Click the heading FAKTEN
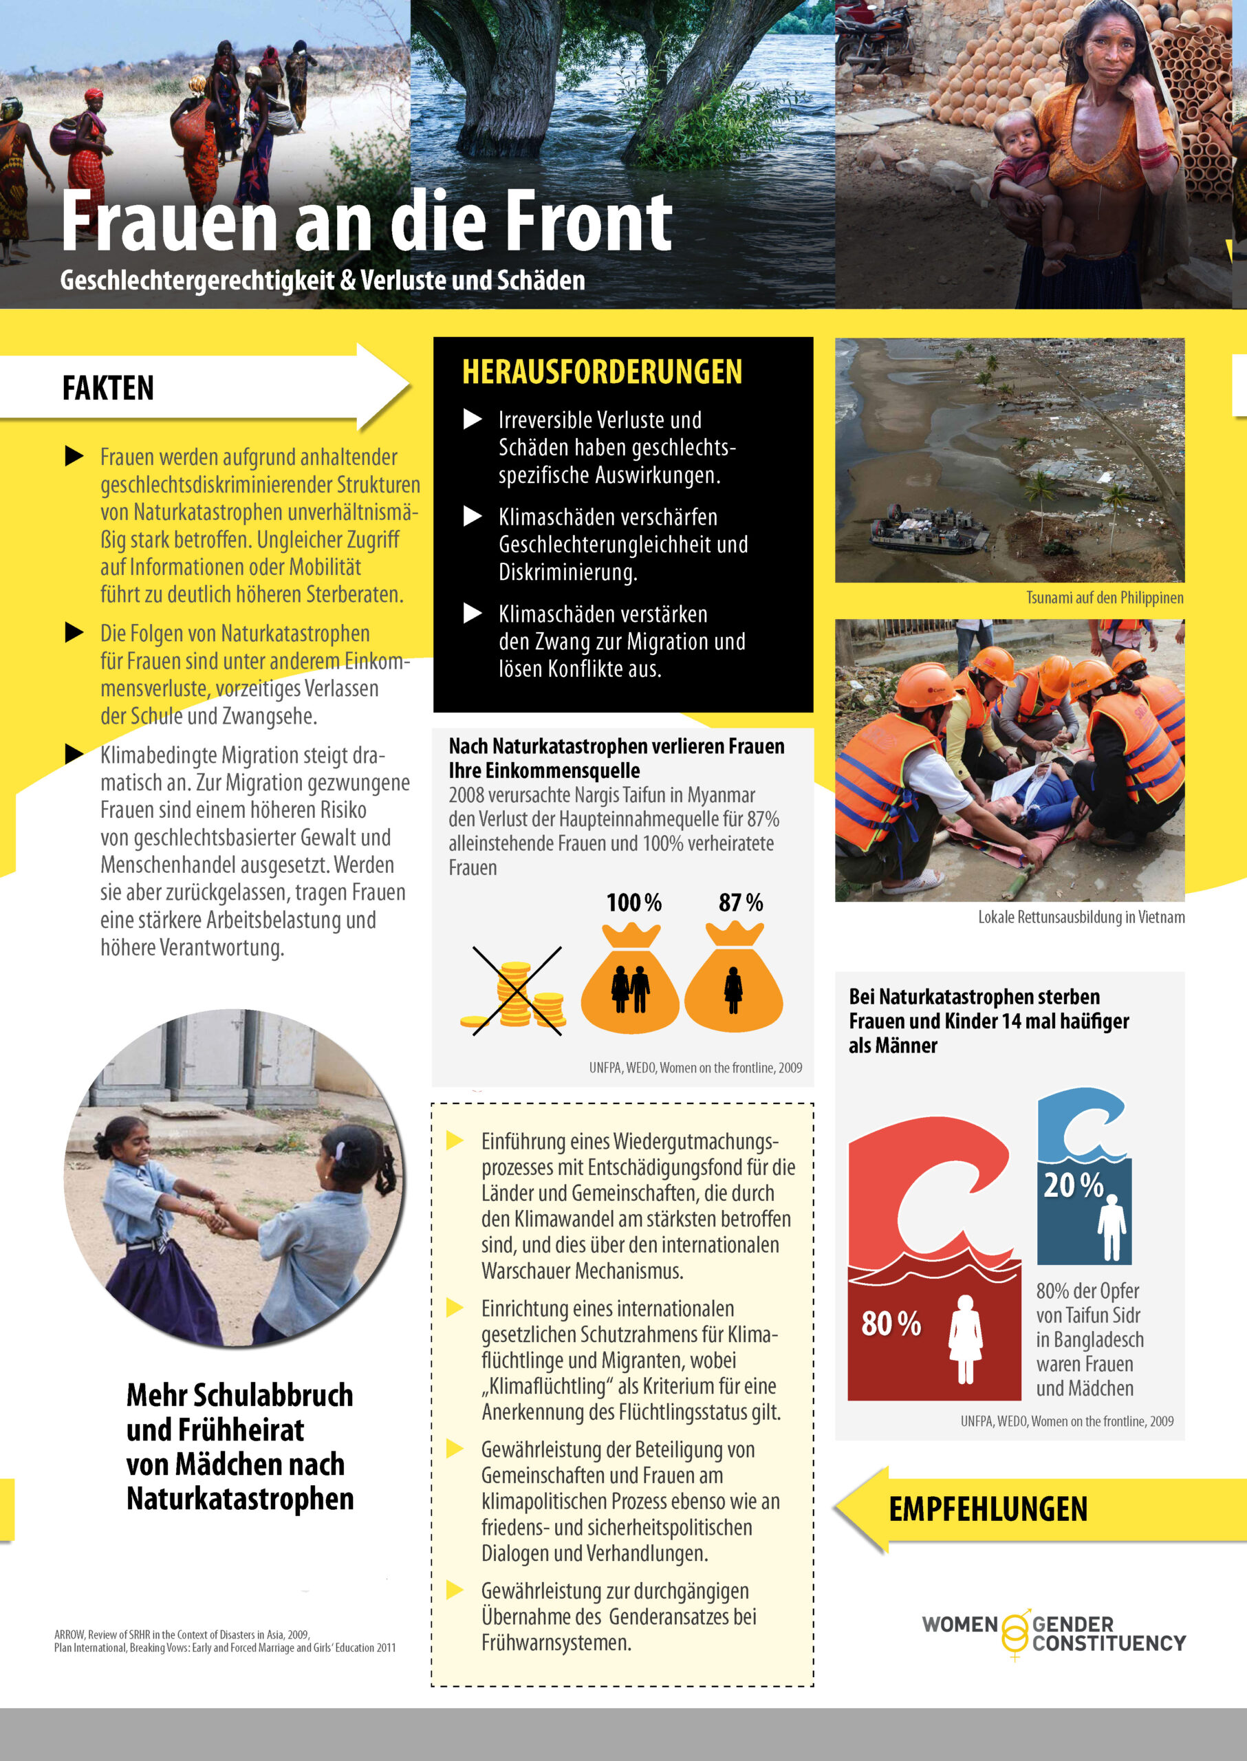tap(108, 388)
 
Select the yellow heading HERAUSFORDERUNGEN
tap(602, 371)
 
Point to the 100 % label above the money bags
tap(633, 903)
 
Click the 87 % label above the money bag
tap(740, 903)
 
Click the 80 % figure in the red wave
tap(891, 1324)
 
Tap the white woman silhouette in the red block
tap(965, 1339)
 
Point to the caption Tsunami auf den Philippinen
tap(1104, 598)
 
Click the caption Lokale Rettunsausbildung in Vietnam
tap(1081, 917)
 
